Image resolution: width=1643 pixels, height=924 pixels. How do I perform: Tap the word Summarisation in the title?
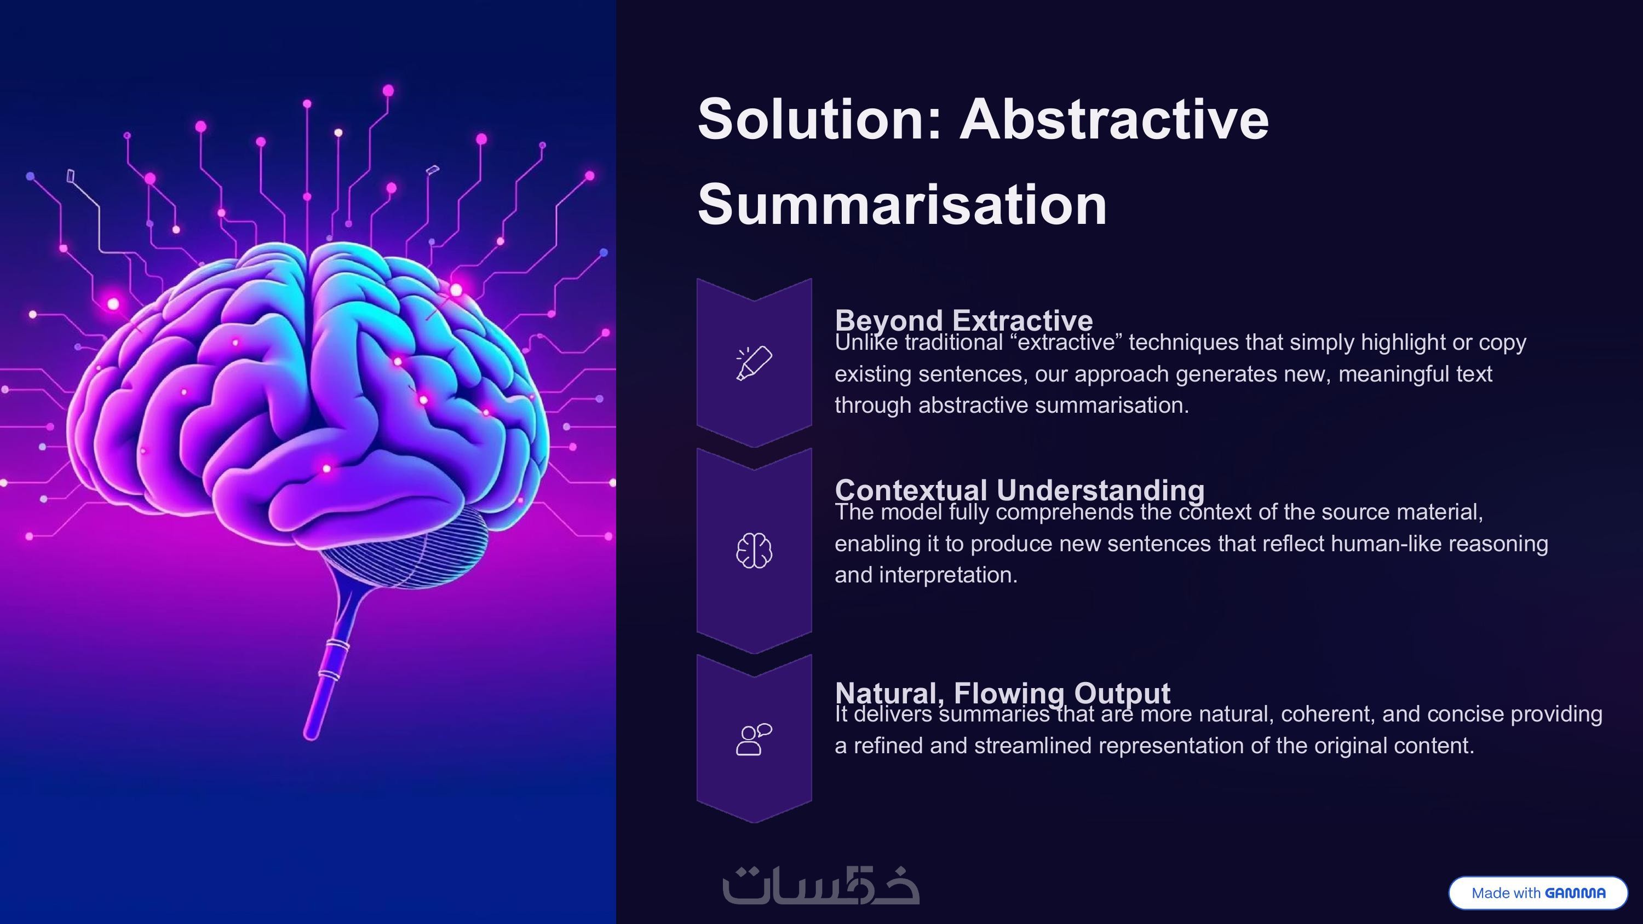(903, 205)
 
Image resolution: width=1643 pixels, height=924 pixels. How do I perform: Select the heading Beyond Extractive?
(964, 320)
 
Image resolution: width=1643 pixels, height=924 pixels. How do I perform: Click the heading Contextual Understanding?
(1020, 490)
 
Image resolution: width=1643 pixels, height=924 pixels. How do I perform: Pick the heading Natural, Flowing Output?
(1003, 692)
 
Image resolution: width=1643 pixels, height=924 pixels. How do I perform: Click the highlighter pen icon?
(754, 363)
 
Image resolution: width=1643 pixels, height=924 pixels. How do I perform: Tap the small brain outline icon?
(754, 550)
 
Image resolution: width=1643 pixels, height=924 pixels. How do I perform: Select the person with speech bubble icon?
(754, 739)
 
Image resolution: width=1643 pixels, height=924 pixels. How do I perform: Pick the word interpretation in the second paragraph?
(949, 575)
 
